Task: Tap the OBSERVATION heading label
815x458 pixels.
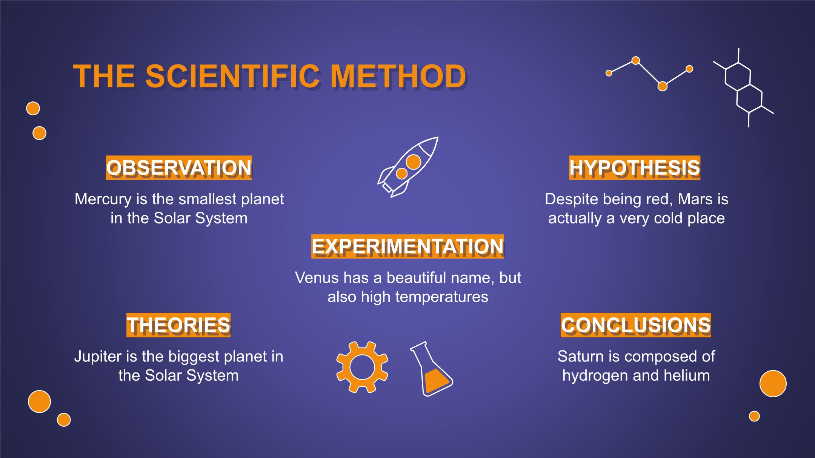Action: (x=179, y=168)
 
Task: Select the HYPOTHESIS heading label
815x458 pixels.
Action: (x=635, y=168)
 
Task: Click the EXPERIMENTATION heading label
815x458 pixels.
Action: (x=407, y=247)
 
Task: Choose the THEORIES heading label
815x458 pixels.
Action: (x=178, y=325)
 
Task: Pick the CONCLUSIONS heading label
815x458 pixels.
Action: (x=636, y=325)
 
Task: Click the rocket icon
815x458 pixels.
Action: (x=408, y=167)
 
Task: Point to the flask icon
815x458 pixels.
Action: (x=432, y=369)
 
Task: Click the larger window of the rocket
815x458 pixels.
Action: (x=414, y=162)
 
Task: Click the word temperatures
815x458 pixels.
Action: (x=442, y=297)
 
